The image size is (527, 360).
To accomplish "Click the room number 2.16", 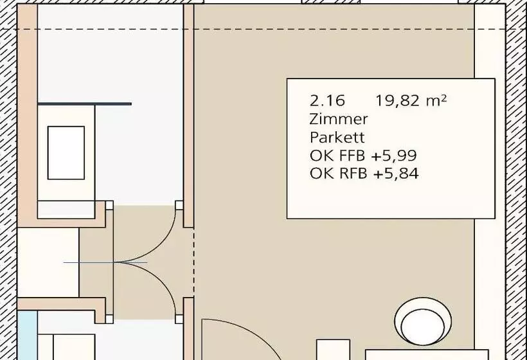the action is point(327,100).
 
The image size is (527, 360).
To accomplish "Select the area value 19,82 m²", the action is point(411,100).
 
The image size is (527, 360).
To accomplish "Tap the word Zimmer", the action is point(339,119).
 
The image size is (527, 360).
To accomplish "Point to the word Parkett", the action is point(337,138).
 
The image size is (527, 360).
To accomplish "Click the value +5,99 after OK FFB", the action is point(394,156).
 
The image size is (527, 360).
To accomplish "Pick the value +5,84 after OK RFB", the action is point(396,174).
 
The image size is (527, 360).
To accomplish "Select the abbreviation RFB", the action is point(353,174).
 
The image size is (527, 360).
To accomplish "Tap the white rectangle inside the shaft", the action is point(66,153).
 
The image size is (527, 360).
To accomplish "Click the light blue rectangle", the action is point(27,335).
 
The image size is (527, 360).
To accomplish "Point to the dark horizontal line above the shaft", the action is point(84,104).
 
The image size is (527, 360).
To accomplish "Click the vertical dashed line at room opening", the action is point(193,262).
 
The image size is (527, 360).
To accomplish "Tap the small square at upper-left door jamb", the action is point(109,205).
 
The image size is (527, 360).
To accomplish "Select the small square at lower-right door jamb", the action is point(179,319).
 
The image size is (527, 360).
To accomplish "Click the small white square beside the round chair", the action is point(333,350).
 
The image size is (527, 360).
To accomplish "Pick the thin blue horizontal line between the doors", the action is point(105,262).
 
